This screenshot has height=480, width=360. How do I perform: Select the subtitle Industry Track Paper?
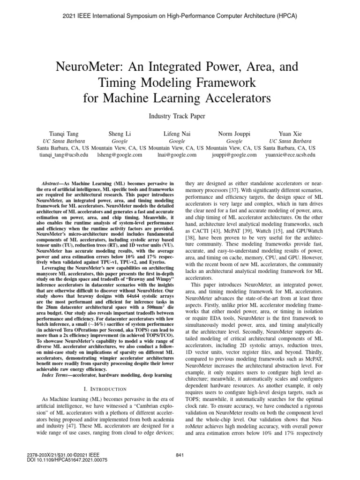180,115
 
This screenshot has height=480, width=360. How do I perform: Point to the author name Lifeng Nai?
177,133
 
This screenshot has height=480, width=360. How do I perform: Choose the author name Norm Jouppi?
234,133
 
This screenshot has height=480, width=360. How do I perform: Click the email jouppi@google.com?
234,154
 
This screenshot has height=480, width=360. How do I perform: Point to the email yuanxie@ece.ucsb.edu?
290,154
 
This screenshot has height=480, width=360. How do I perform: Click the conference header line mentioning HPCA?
180,16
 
